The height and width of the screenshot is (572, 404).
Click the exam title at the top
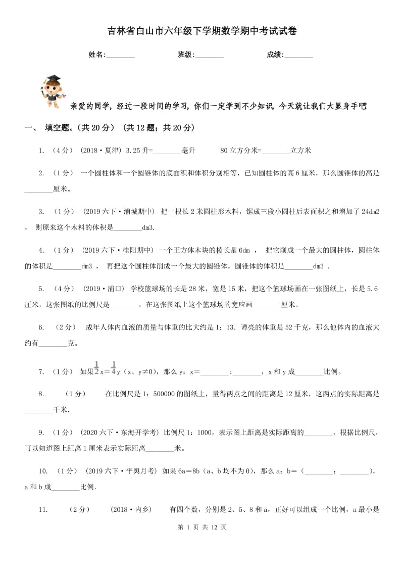[x=202, y=31]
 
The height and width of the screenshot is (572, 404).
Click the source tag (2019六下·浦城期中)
[x=117, y=211]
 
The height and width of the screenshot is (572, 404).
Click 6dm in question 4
[x=244, y=250]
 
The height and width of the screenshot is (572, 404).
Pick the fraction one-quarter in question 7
[x=114, y=368]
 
